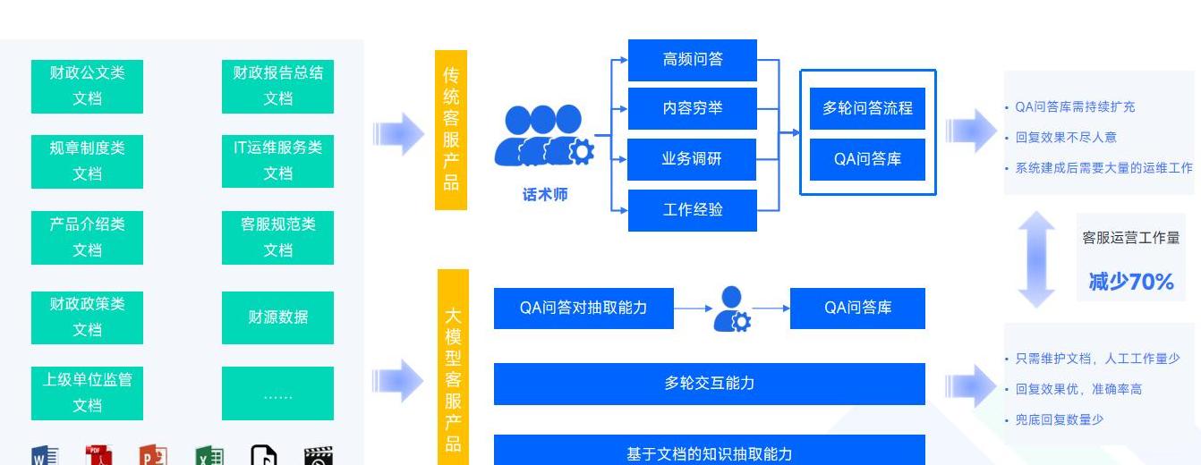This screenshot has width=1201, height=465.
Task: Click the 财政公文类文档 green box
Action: pyautogui.click(x=87, y=86)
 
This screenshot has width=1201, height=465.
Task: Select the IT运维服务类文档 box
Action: pyautogui.click(x=277, y=161)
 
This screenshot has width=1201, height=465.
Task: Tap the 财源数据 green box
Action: pyautogui.click(x=277, y=317)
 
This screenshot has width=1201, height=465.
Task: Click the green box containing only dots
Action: pyautogui.click(x=277, y=393)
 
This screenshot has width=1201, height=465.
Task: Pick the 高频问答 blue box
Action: pyautogui.click(x=692, y=60)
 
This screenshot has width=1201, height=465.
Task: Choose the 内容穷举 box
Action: pyautogui.click(x=692, y=109)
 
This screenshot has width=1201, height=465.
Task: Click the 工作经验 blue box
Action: pyautogui.click(x=692, y=210)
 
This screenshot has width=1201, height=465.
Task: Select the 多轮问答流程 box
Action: pyautogui.click(x=867, y=109)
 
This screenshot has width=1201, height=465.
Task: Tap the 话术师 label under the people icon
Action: pyautogui.click(x=545, y=194)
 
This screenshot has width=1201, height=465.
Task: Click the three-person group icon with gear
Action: pyautogui.click(x=543, y=136)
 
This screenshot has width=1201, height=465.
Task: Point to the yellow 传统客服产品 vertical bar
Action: pyautogui.click(x=451, y=131)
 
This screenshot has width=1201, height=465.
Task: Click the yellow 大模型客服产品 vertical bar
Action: pyautogui.click(x=453, y=368)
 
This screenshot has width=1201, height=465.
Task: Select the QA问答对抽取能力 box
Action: pyautogui.click(x=583, y=308)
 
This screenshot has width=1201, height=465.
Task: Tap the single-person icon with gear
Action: pyautogui.click(x=732, y=309)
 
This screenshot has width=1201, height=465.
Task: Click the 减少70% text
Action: pyautogui.click(x=1131, y=282)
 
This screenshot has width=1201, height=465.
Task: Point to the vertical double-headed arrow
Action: pyautogui.click(x=1036, y=260)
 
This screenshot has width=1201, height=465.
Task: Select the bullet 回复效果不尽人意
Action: pyautogui.click(x=1065, y=138)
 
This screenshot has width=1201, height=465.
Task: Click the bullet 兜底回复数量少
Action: pyautogui.click(x=1059, y=419)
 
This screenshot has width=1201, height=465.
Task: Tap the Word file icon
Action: pyautogui.click(x=45, y=455)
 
